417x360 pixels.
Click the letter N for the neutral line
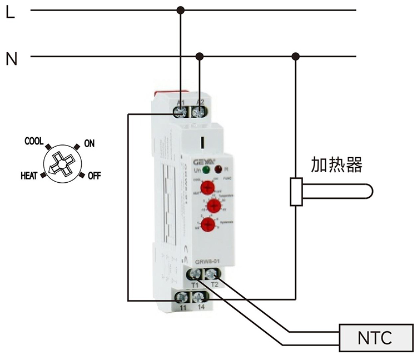click(x=11, y=58)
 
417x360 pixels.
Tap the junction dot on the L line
click(x=180, y=10)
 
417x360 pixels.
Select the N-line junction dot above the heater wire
click(x=296, y=56)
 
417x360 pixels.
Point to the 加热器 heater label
click(x=336, y=165)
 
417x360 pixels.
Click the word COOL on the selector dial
click(x=34, y=141)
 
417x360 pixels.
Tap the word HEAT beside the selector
click(x=29, y=176)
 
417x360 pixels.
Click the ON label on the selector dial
click(x=89, y=144)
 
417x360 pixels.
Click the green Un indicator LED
click(x=206, y=169)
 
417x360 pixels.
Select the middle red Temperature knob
click(x=214, y=206)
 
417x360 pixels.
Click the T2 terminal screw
click(x=211, y=274)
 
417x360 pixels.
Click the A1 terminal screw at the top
click(x=181, y=112)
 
